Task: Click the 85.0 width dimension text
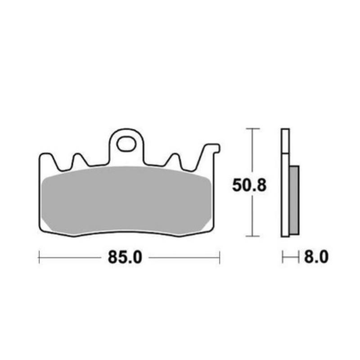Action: click(125, 257)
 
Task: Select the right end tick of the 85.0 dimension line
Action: click(219, 257)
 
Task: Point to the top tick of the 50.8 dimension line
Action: click(253, 129)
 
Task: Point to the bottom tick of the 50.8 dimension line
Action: click(253, 236)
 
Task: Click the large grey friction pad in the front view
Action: click(126, 200)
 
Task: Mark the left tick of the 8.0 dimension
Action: click(283, 257)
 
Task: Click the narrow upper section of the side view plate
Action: click(284, 141)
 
